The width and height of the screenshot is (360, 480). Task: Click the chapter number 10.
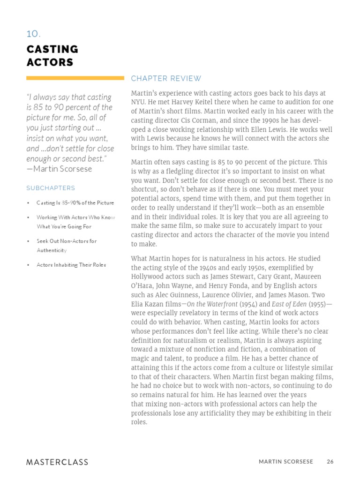[33, 34]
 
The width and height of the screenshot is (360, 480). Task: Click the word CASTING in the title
[52, 49]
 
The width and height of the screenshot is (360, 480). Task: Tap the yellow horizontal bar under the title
[75, 78]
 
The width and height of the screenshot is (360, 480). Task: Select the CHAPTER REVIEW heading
[166, 78]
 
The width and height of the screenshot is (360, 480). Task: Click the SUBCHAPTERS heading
[50, 188]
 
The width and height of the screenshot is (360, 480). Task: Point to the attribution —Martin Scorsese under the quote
[59, 169]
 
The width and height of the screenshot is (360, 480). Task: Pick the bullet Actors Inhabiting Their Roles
[71, 265]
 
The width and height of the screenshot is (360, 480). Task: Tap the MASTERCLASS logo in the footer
[57, 462]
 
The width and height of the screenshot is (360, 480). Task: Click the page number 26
[330, 462]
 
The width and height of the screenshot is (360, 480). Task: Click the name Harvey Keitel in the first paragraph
[195, 103]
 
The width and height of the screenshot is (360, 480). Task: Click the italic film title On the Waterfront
[212, 304]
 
